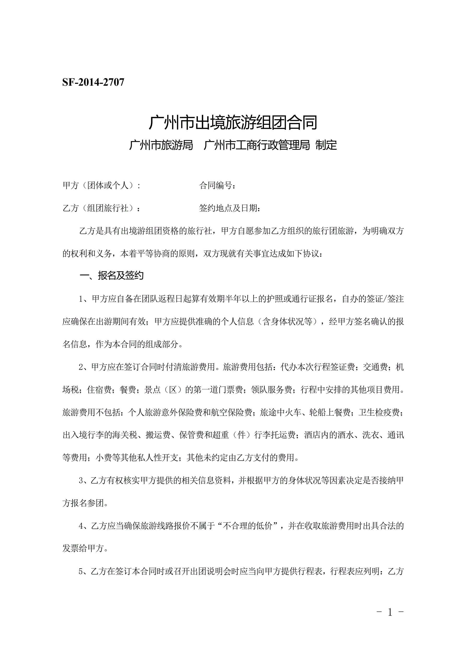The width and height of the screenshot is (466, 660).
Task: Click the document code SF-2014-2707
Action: click(93, 83)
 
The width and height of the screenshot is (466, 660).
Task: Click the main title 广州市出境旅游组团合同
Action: click(233, 122)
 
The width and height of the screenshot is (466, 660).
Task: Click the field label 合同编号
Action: click(216, 186)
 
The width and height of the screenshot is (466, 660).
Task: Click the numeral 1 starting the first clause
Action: click(81, 299)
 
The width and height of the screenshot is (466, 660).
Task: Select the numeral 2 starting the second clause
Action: click(81, 367)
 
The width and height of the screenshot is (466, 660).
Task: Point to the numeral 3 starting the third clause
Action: click(81, 480)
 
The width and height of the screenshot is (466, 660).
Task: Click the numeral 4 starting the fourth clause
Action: click(81, 526)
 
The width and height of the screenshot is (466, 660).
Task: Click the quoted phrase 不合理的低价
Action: click(247, 526)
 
